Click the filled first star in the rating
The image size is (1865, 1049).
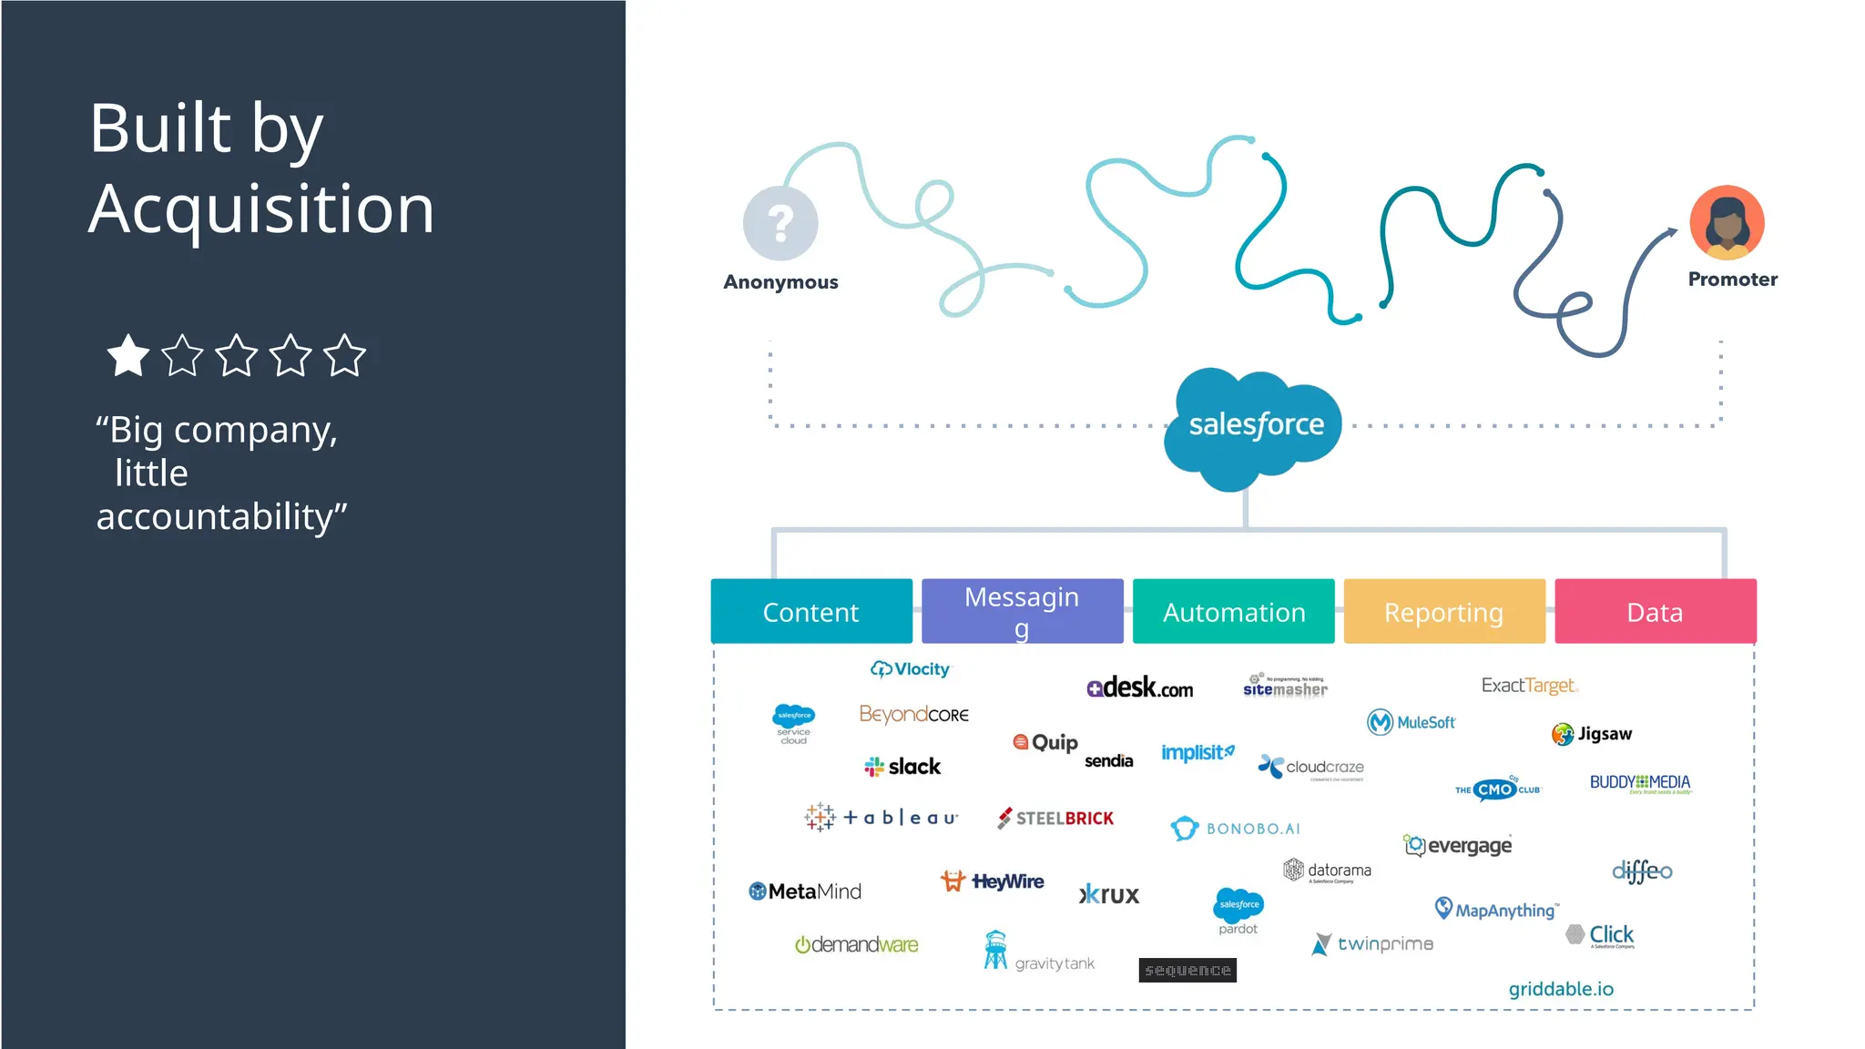pos(127,356)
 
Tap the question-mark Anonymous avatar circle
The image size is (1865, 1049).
pos(780,223)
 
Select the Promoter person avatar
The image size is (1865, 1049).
pos(1727,223)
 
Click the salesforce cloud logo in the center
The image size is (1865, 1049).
pos(1254,425)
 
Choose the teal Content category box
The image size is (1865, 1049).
pos(810,612)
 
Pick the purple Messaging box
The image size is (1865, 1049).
pos(1022,612)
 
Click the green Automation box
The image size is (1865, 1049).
pos(1233,612)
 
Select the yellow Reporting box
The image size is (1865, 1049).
pos(1444,612)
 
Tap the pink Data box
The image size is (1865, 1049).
pos(1655,612)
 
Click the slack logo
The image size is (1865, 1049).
pos(902,767)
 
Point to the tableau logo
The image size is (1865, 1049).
pos(882,818)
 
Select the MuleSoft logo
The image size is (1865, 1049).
pos(1411,722)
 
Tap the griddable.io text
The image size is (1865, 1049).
pos(1561,989)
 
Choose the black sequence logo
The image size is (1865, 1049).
pos(1187,971)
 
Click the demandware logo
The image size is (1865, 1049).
pos(856,945)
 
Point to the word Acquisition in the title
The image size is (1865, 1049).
pos(262,209)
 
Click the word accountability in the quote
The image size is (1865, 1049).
pos(221,517)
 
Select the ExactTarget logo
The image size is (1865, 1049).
pos(1529,686)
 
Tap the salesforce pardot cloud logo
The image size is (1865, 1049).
pos(1238,910)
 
